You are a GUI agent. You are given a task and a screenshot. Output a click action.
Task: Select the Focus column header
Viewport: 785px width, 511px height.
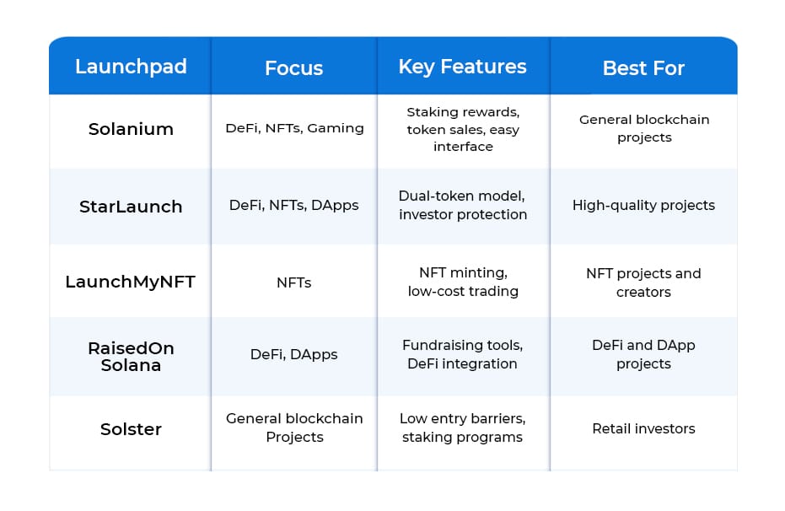(294, 68)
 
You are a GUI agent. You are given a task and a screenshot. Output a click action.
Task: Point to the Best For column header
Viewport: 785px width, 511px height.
(643, 68)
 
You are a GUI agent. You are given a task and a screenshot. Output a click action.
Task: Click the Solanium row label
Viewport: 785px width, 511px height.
(131, 129)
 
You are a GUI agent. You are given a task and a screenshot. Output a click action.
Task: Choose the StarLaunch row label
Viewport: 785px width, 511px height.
(131, 207)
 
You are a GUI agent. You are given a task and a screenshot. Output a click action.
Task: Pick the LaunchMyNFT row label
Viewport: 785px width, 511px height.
(130, 282)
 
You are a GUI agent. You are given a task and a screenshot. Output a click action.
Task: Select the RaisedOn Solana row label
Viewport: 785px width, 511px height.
(131, 357)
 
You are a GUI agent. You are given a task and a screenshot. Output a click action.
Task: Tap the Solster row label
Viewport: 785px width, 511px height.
(131, 429)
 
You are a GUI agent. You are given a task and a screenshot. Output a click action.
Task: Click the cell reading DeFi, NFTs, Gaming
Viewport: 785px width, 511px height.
(294, 128)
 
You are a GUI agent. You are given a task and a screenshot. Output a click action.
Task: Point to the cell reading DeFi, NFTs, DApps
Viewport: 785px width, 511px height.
(294, 205)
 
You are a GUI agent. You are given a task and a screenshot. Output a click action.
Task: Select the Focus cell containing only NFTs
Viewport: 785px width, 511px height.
(294, 282)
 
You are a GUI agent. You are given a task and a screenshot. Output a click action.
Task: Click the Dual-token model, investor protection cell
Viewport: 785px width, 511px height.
(463, 205)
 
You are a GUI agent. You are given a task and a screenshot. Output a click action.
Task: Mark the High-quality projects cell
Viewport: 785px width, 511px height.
(643, 205)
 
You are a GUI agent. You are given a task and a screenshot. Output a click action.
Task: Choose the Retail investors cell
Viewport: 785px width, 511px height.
(643, 428)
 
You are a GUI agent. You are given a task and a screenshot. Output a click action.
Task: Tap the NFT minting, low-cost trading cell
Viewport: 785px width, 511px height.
(463, 282)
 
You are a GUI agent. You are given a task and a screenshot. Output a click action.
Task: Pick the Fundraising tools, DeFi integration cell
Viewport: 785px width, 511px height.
(463, 354)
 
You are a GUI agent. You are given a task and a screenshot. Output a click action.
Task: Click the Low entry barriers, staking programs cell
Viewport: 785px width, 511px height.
(463, 428)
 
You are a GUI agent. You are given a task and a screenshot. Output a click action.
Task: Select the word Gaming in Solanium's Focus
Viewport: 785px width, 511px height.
(336, 129)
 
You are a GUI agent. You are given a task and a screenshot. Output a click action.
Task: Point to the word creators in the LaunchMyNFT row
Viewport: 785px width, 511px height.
(643, 292)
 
